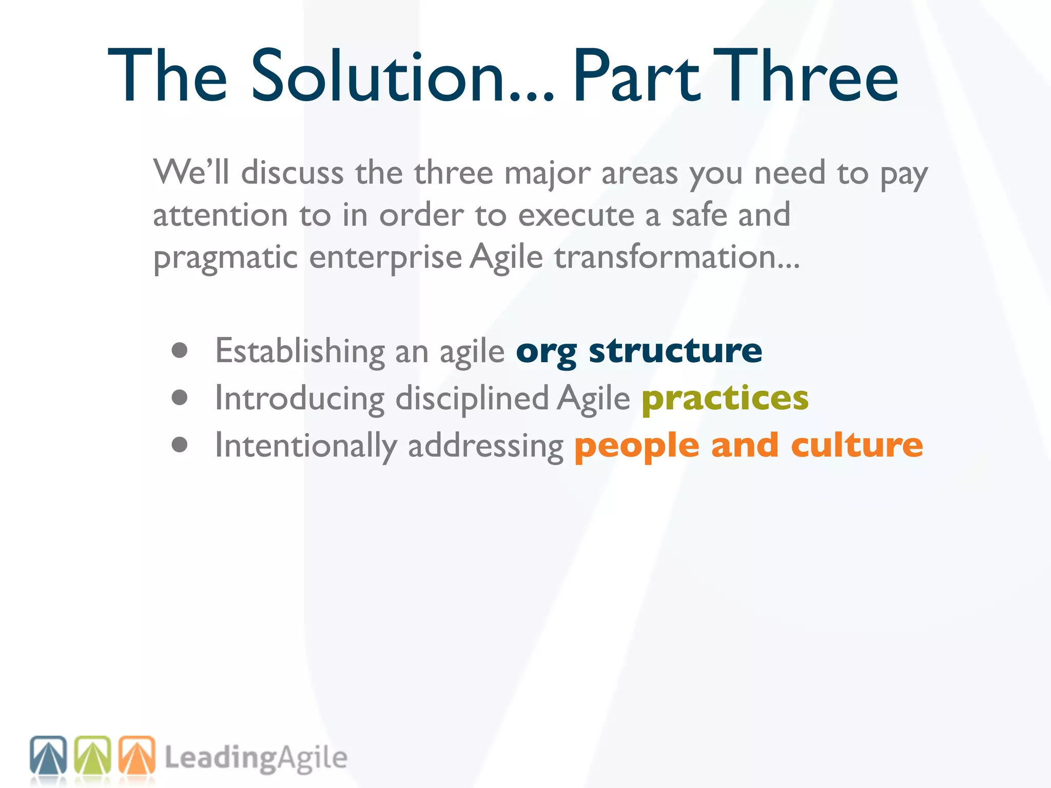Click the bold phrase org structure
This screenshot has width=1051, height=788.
(x=639, y=351)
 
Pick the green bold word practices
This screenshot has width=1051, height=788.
(x=725, y=399)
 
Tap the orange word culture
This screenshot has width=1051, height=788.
(x=857, y=445)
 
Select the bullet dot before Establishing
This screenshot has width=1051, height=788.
(x=180, y=351)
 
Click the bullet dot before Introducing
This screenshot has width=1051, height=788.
(x=180, y=398)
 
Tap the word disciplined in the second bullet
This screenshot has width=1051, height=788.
(x=472, y=399)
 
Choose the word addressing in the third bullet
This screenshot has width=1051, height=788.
(x=485, y=446)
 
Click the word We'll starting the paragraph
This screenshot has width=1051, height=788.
(x=191, y=172)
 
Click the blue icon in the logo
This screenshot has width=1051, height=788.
(x=48, y=755)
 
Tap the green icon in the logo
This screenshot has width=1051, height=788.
(x=93, y=755)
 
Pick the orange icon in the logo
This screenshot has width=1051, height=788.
(x=137, y=755)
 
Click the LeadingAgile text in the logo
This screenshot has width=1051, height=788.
(x=256, y=758)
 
